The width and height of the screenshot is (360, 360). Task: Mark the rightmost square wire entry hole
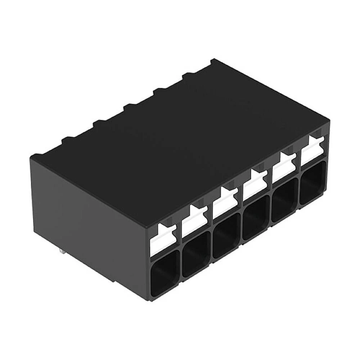313,183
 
